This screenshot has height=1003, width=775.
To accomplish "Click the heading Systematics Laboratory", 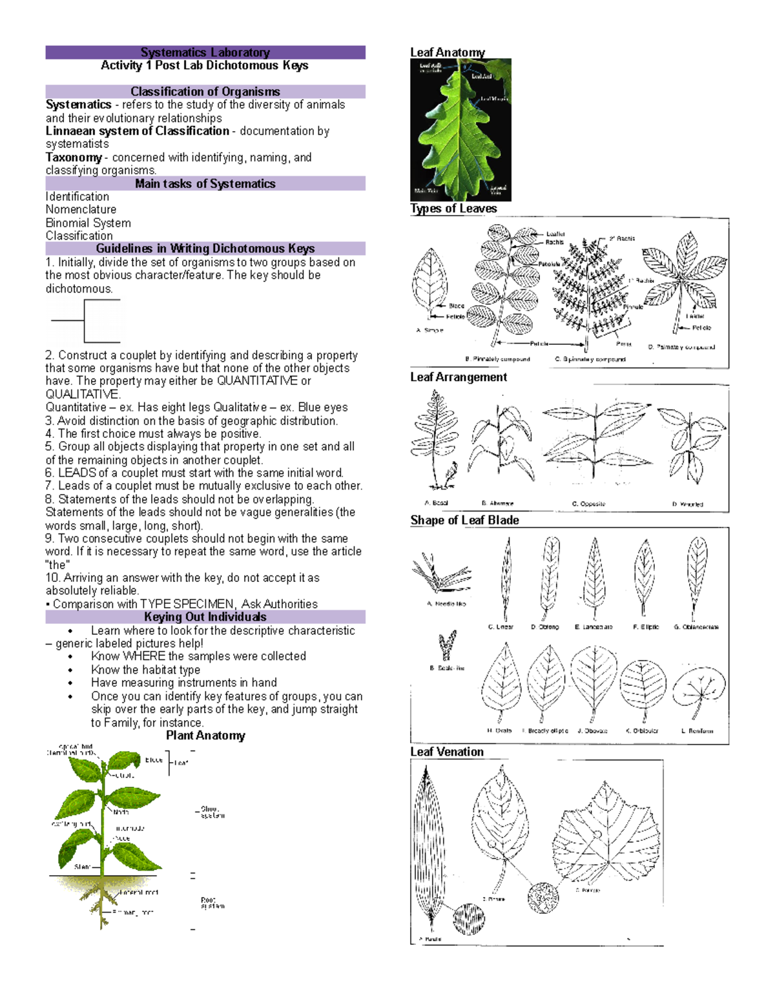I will tap(205, 52).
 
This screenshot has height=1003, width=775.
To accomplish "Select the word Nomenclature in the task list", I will tap(81, 209).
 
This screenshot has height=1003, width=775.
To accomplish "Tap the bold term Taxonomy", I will tap(74, 157).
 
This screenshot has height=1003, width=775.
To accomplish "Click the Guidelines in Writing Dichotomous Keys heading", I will tap(205, 249).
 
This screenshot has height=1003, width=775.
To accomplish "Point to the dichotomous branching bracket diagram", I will tap(86, 320).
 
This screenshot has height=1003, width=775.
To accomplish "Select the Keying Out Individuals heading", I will tap(205, 617).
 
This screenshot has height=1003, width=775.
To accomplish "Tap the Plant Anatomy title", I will tap(205, 736).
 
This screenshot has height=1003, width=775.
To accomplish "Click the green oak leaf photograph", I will tap(460, 130).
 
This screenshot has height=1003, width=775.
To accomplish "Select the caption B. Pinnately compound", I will tap(497, 359).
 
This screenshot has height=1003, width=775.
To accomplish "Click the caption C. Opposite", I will tap(588, 504).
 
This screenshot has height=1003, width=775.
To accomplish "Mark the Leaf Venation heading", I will tap(447, 752).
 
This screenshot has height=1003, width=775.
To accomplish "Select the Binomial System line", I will tap(88, 223).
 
